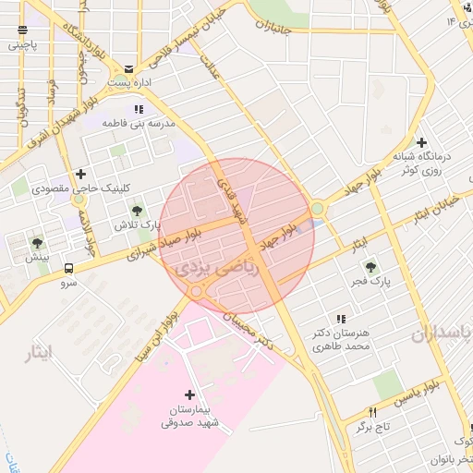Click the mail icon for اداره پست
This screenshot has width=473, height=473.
coord(128,68)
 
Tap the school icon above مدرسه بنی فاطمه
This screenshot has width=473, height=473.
coord(139,109)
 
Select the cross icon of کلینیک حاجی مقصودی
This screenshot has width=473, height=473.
coord(81,174)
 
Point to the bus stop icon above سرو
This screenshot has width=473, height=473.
coord(69,269)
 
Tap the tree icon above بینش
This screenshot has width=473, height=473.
coord(38,243)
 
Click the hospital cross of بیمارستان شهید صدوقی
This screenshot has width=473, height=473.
coord(190,394)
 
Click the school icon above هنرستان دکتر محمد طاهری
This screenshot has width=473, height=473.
coord(341,319)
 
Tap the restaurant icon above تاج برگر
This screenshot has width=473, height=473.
coord(374,412)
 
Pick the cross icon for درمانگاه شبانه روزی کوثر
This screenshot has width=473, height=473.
coord(422,143)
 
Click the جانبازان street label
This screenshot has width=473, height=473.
coord(277,27)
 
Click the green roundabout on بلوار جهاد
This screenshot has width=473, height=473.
coord(318,210)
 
